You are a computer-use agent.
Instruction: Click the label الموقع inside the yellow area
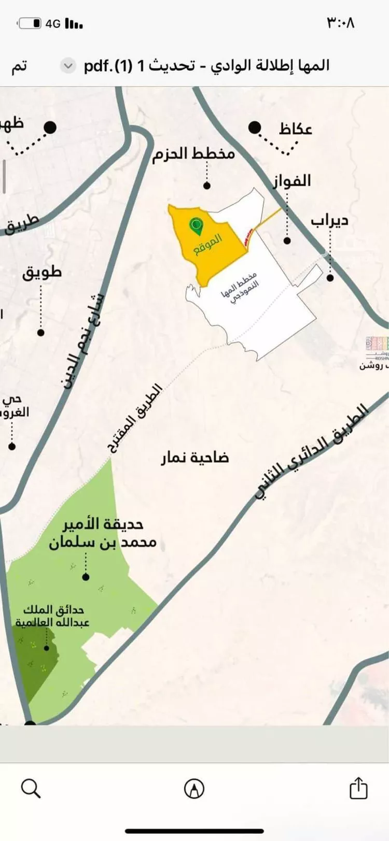[209, 244]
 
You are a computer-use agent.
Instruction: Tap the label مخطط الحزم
[194, 154]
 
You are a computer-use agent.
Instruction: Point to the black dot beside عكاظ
[254, 127]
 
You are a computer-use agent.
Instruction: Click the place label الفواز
[292, 180]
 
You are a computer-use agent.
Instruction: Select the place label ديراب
[330, 221]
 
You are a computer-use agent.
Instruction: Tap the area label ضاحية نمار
[195, 458]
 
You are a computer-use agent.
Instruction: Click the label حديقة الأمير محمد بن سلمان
[102, 534]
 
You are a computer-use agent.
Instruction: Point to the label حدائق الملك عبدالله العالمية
[52, 616]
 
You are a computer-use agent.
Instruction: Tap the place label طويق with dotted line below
[41, 272]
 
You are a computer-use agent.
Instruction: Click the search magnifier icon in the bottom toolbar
[31, 789]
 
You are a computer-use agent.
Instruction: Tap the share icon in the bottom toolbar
[358, 788]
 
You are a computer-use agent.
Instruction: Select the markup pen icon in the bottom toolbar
[194, 789]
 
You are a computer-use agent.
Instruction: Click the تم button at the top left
[19, 66]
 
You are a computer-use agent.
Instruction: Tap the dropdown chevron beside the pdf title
[68, 66]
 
